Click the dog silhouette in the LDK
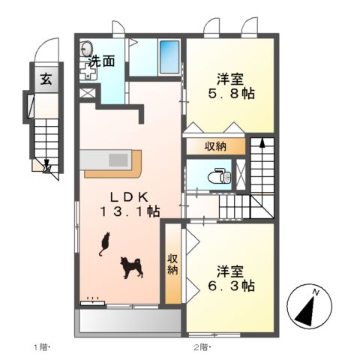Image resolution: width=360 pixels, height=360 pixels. (x=132, y=267)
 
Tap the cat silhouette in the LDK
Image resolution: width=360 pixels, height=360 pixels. (x=104, y=244)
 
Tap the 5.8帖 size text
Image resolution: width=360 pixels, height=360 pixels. (x=230, y=94)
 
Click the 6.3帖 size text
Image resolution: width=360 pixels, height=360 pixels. (x=230, y=286)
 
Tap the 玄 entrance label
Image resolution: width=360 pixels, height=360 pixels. (x=46, y=78)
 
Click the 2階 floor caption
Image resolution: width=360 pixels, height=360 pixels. (x=200, y=346)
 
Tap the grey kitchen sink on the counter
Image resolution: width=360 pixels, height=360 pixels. (x=119, y=160)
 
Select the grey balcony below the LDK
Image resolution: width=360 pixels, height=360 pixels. (x=127, y=320)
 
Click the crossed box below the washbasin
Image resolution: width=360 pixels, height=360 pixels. (x=88, y=94)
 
